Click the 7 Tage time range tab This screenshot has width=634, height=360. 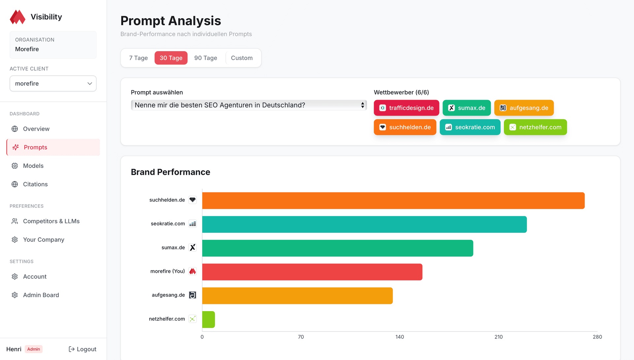(138, 58)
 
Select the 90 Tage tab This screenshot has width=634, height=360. (205, 58)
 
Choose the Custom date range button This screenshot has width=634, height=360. (242, 58)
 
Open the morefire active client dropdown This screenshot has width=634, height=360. (53, 84)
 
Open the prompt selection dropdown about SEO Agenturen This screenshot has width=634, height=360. (249, 105)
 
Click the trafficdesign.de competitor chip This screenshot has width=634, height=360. (406, 108)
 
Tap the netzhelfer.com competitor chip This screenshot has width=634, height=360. (535, 127)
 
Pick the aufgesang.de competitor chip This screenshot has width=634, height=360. (524, 108)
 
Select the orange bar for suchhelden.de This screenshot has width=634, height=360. (393, 200)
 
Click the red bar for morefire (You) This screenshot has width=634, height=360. (312, 272)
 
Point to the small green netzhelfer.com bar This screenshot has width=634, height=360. (208, 319)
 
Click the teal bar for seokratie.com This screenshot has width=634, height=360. (364, 224)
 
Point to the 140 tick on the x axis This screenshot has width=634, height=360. (400, 337)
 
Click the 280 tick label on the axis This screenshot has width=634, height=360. (597, 337)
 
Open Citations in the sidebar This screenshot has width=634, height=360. (35, 184)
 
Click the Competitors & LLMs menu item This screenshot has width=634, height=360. (51, 221)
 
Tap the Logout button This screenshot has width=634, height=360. (83, 349)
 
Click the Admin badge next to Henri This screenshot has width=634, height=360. (34, 349)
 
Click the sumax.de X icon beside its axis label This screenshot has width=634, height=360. (193, 247)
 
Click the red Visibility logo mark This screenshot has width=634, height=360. (18, 17)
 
